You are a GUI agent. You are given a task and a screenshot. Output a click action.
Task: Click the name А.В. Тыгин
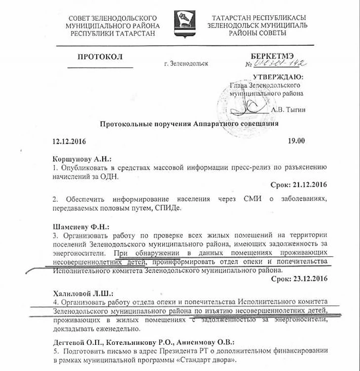(288, 110)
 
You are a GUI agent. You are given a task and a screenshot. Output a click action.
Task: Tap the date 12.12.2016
(69, 141)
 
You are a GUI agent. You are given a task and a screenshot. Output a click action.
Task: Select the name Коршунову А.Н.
(82, 159)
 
